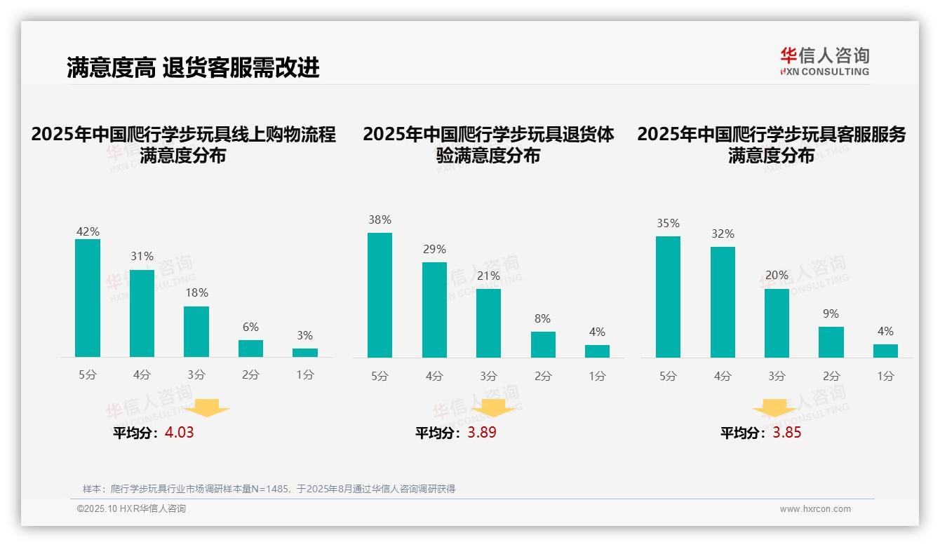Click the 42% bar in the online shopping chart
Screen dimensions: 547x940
pos(88,298)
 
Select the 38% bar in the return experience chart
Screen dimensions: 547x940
pos(380,295)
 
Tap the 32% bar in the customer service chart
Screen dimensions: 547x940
pos(723,302)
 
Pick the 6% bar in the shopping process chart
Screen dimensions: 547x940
pos(250,349)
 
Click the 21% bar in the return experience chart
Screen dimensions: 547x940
pos(488,323)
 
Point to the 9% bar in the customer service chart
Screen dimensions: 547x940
pos(831,342)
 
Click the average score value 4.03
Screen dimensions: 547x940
pos(179,433)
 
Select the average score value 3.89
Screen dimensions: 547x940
pos(482,433)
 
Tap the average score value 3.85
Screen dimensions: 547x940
pos(787,433)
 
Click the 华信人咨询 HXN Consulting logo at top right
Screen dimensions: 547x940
pos(824,61)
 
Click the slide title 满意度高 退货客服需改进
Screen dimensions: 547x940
pos(193,67)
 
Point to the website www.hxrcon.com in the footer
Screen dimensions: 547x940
pos(814,509)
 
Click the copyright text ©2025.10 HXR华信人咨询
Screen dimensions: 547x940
pos(131,509)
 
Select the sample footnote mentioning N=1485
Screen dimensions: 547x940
pos(269,489)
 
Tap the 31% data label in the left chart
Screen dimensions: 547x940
pos(142,257)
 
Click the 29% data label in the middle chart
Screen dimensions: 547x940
pos(434,250)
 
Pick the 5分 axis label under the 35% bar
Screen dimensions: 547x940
pos(668,376)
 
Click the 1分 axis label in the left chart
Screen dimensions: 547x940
pos(304,374)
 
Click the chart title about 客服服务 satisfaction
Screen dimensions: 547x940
pos(771,144)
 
